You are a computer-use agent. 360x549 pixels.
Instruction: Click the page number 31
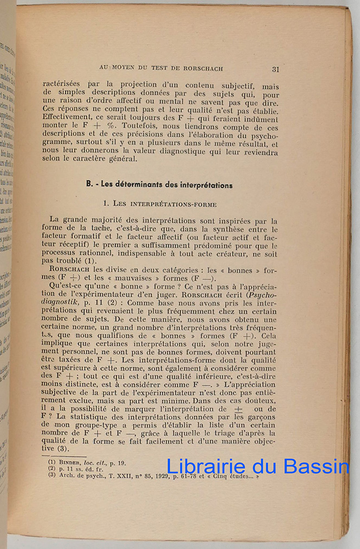pyautogui.click(x=275, y=69)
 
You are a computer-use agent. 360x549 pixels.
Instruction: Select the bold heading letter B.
pyautogui.click(x=88, y=185)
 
